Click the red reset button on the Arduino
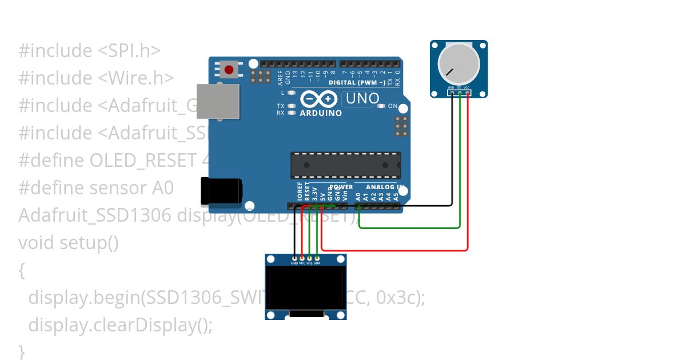coord(229,70)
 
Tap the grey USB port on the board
coord(217,102)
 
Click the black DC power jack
coord(221,191)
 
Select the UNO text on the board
coord(361,99)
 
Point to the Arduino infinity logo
coord(318,99)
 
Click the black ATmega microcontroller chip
coord(345,165)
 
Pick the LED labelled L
coord(291,93)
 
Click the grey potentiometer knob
coord(458,64)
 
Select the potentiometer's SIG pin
coord(459,93)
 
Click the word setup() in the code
coord(90,243)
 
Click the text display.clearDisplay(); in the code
coord(120,325)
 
